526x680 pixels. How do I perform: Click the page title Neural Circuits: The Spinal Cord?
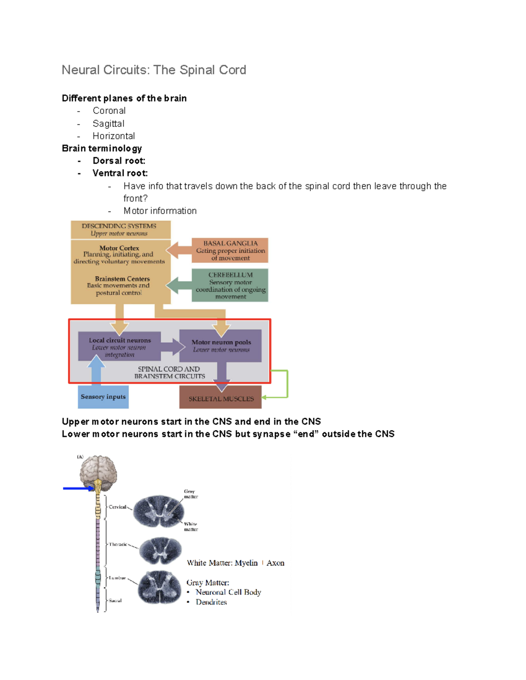click(153, 70)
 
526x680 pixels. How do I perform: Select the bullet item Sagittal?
click(108, 124)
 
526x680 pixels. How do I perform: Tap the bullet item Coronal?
click(109, 111)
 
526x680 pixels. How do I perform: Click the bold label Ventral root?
click(120, 173)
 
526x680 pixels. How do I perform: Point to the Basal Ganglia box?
click(230, 250)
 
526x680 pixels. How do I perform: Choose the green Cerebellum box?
click(230, 285)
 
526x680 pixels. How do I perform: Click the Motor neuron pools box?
click(221, 345)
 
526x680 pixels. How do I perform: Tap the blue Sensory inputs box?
click(103, 397)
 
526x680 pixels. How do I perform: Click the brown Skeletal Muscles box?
click(220, 398)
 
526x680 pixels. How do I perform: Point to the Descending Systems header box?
click(120, 229)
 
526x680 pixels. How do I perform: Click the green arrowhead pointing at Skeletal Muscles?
click(265, 398)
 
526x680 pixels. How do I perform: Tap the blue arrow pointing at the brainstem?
click(78, 488)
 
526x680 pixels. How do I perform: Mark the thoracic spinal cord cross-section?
click(160, 550)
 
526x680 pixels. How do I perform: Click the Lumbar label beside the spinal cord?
click(117, 578)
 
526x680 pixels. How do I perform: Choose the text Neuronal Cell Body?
click(228, 592)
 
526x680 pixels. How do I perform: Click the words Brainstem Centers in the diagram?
click(122, 279)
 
